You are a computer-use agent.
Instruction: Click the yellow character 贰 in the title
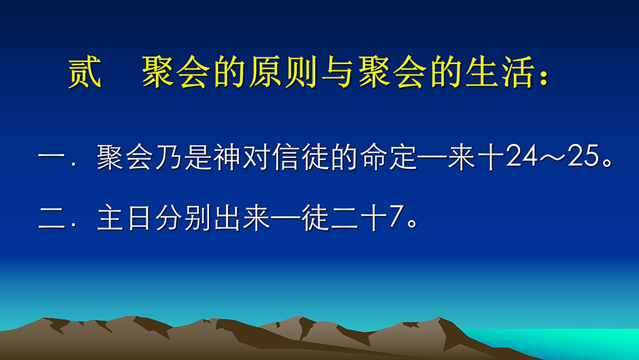pyautogui.click(x=84, y=72)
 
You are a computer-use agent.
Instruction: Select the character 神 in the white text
pyautogui.click(x=227, y=157)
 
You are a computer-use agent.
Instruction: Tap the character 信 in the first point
pyautogui.click(x=286, y=157)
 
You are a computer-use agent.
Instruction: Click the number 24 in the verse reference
pyautogui.click(x=521, y=157)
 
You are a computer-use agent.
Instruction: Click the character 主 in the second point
pyautogui.click(x=111, y=217)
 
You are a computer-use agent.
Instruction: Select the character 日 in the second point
pyautogui.click(x=139, y=217)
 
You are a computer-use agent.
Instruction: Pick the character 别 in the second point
pyautogui.click(x=197, y=217)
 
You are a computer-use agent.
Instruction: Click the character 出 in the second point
pyautogui.click(x=227, y=217)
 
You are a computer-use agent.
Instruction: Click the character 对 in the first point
pyautogui.click(x=256, y=157)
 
